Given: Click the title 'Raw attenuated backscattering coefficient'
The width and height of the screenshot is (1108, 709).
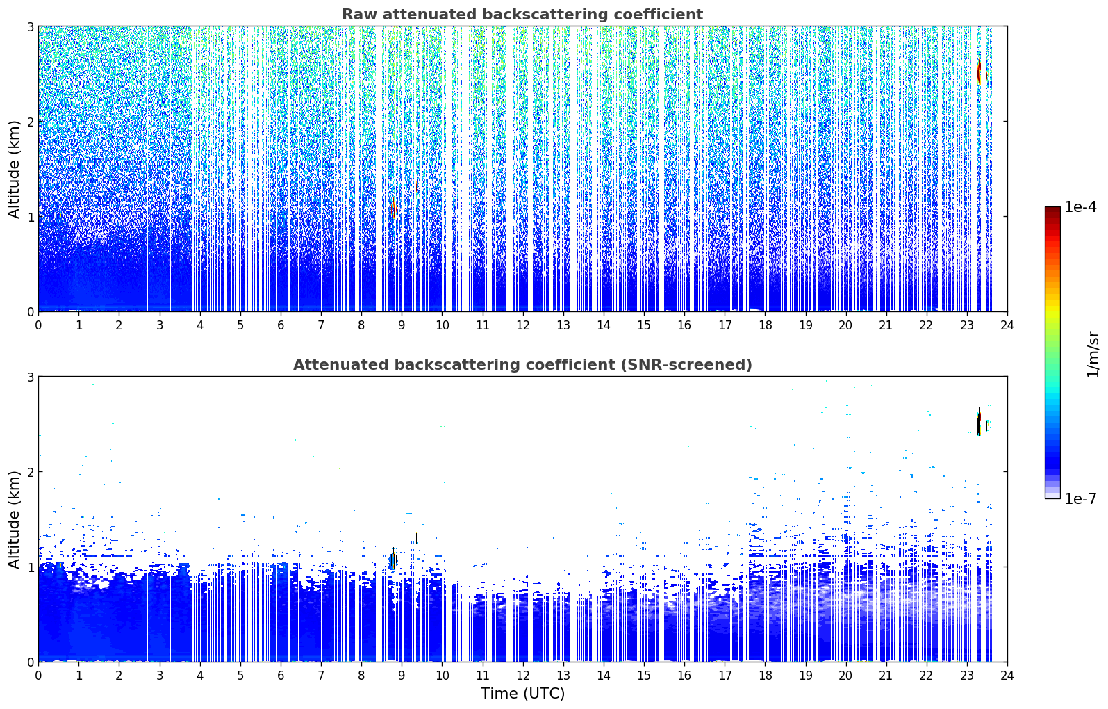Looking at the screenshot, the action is coord(522,15).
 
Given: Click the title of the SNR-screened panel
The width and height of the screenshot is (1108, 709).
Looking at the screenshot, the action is coord(522,364).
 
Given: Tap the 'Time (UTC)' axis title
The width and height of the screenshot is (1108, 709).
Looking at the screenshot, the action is coord(522,694).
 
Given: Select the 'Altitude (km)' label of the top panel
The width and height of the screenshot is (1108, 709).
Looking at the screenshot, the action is coord(14,169).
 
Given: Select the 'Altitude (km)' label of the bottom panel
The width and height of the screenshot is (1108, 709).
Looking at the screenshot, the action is coord(14,519).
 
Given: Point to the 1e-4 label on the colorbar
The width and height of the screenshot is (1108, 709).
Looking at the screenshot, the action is coord(1080,207).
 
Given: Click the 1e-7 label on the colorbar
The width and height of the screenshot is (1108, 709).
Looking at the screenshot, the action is coord(1080,498).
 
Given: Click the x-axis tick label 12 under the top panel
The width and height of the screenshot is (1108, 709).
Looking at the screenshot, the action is coord(523,325).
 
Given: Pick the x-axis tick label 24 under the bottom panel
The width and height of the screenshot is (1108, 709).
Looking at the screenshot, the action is coord(1007,676).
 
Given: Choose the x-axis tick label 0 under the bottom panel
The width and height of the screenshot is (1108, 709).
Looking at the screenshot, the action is coord(39,676).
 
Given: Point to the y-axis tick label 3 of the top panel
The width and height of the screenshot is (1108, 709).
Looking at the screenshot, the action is coord(30,26).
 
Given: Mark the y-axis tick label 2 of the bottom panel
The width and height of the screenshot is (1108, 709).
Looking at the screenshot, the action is coord(30,472).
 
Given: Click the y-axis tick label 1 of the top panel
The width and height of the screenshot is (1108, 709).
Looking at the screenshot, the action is coord(30,217).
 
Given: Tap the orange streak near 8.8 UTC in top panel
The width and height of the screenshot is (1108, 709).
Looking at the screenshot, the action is coord(394,207).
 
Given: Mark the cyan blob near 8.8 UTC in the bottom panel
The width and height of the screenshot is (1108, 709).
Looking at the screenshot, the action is coord(392,560).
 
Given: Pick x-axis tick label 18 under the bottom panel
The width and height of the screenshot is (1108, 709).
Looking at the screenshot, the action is coord(766,676).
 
